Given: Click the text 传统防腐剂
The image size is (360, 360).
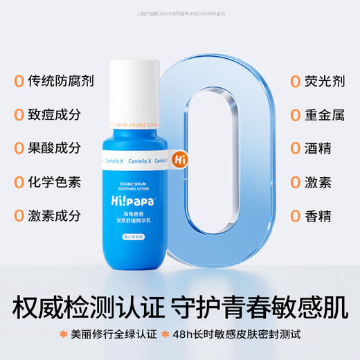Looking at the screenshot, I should pyautogui.click(x=61, y=82).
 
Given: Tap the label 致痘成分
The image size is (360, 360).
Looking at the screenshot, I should pyautogui.click(x=55, y=115).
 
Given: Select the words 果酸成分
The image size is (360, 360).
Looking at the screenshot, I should pyautogui.click(x=55, y=148).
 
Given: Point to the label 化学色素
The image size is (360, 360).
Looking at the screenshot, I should pyautogui.click(x=55, y=182).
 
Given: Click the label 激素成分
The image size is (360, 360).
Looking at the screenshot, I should pyautogui.click(x=55, y=215).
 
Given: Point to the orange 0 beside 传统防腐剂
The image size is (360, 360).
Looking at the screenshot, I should pyautogui.click(x=17, y=82).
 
